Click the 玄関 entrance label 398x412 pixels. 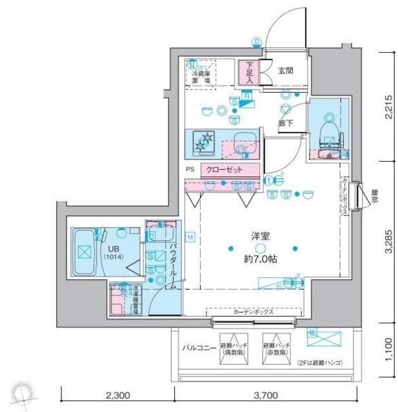pyautogui.click(x=286, y=71)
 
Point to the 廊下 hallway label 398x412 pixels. pyautogui.click(x=284, y=120)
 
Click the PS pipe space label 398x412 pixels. pyautogui.click(x=190, y=170)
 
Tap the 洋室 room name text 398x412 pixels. pyautogui.click(x=259, y=236)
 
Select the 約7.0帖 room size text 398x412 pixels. pyautogui.click(x=259, y=261)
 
